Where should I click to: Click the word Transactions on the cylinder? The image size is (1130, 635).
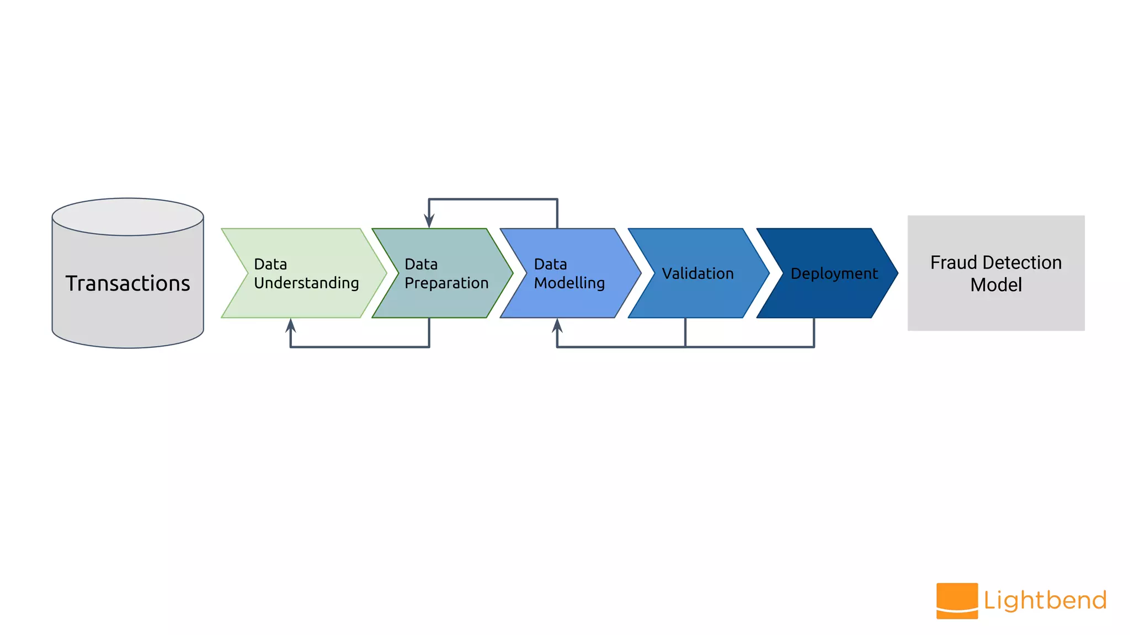pyautogui.click(x=127, y=283)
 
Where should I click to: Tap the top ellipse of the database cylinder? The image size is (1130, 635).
pyautogui.click(x=127, y=217)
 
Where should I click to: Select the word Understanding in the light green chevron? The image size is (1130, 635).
pyautogui.click(x=306, y=283)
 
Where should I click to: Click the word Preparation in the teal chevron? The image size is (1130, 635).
pyautogui.click(x=446, y=283)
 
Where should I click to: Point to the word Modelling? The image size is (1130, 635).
pyautogui.click(x=569, y=283)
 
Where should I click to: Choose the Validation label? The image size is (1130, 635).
pyautogui.click(x=697, y=273)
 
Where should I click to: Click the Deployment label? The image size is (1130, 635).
pyautogui.click(x=834, y=273)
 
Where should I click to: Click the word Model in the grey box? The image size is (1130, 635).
pyautogui.click(x=996, y=285)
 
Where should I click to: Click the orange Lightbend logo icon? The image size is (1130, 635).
pyautogui.click(x=957, y=601)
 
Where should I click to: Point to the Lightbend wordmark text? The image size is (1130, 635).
pyautogui.click(x=1045, y=600)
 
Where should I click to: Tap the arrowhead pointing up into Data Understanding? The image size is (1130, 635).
pyautogui.click(x=291, y=325)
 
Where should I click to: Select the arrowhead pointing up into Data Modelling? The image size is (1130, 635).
pyautogui.click(x=557, y=325)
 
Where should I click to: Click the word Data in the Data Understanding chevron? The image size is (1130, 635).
pyautogui.click(x=270, y=265)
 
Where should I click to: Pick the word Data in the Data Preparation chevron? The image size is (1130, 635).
pyautogui.click(x=421, y=265)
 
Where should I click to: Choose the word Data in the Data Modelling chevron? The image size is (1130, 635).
pyautogui.click(x=550, y=265)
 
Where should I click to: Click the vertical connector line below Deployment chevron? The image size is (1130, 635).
pyautogui.click(x=814, y=332)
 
